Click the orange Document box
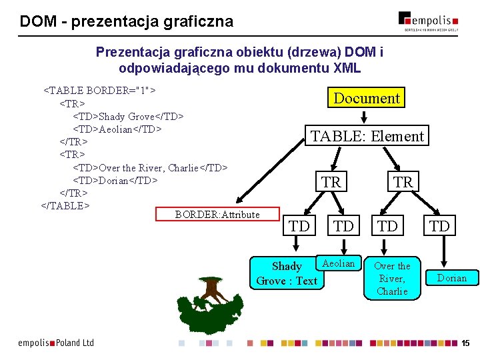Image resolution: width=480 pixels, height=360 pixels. (x=366, y=99)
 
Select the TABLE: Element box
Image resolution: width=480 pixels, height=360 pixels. (x=367, y=136)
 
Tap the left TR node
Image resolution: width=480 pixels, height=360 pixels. (x=331, y=182)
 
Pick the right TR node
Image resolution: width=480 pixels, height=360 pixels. (x=403, y=182)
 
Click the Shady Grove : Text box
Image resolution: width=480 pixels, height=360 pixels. (x=286, y=273)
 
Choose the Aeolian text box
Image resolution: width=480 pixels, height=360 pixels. (x=339, y=263)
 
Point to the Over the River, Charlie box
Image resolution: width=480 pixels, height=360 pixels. (x=392, y=278)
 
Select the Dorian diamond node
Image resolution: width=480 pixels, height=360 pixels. (x=451, y=277)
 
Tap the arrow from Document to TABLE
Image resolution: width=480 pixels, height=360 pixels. (x=363, y=117)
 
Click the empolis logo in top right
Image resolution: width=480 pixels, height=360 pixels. (x=429, y=20)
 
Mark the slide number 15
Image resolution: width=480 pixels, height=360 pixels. (x=465, y=343)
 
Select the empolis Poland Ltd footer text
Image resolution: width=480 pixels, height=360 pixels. (x=56, y=343)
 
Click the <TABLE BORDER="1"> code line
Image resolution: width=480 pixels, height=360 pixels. (x=100, y=89)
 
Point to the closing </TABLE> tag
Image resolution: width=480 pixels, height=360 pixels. (x=65, y=205)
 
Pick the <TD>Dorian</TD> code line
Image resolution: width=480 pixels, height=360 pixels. (x=115, y=180)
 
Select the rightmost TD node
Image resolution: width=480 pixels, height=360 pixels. (x=439, y=226)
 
